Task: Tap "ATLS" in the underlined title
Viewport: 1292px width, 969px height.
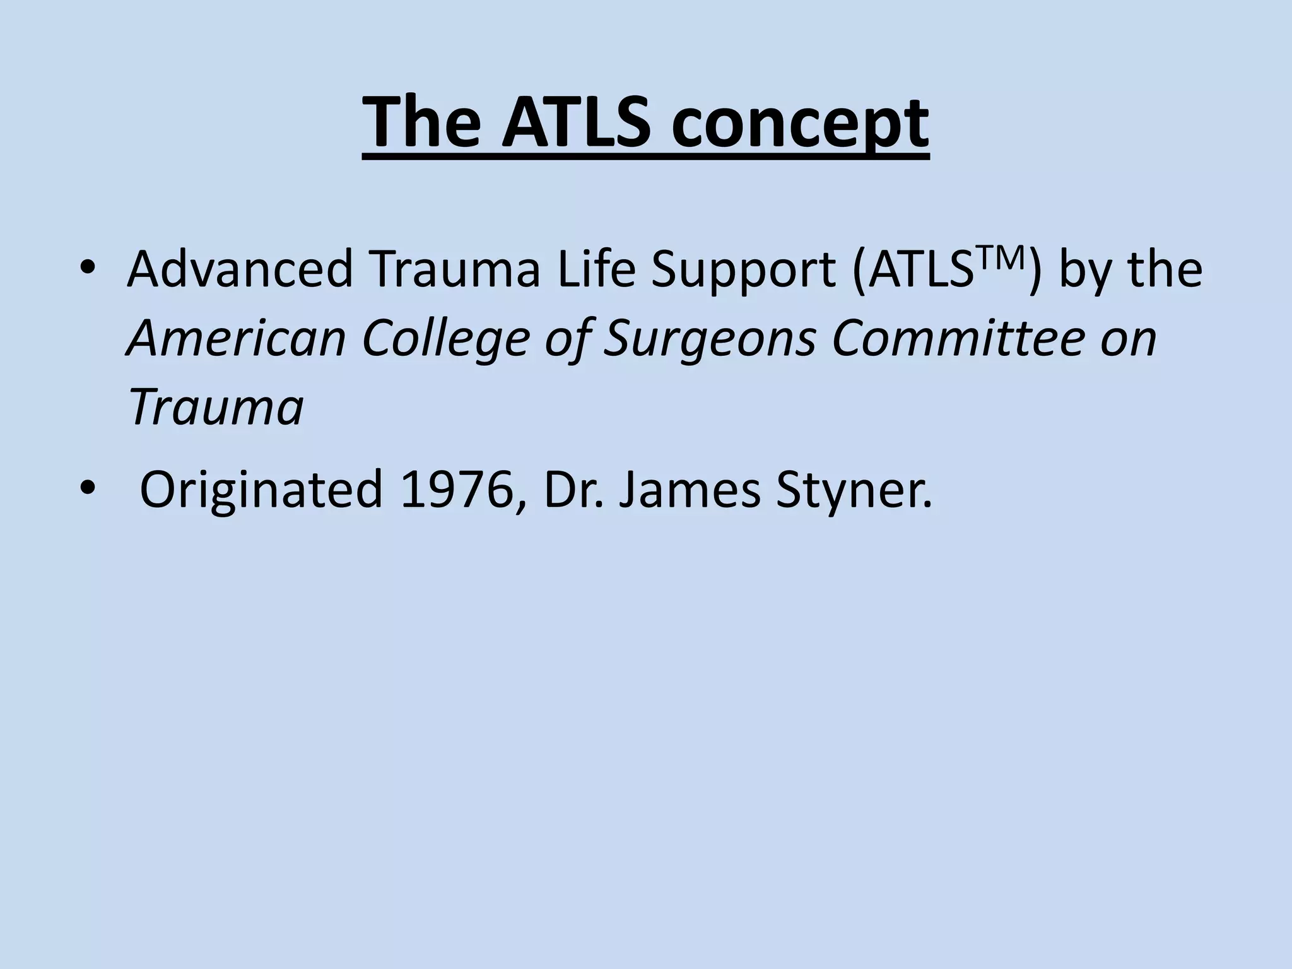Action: coord(576,122)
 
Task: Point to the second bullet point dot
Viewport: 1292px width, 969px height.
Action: coord(88,488)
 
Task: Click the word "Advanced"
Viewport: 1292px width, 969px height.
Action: coord(239,270)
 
